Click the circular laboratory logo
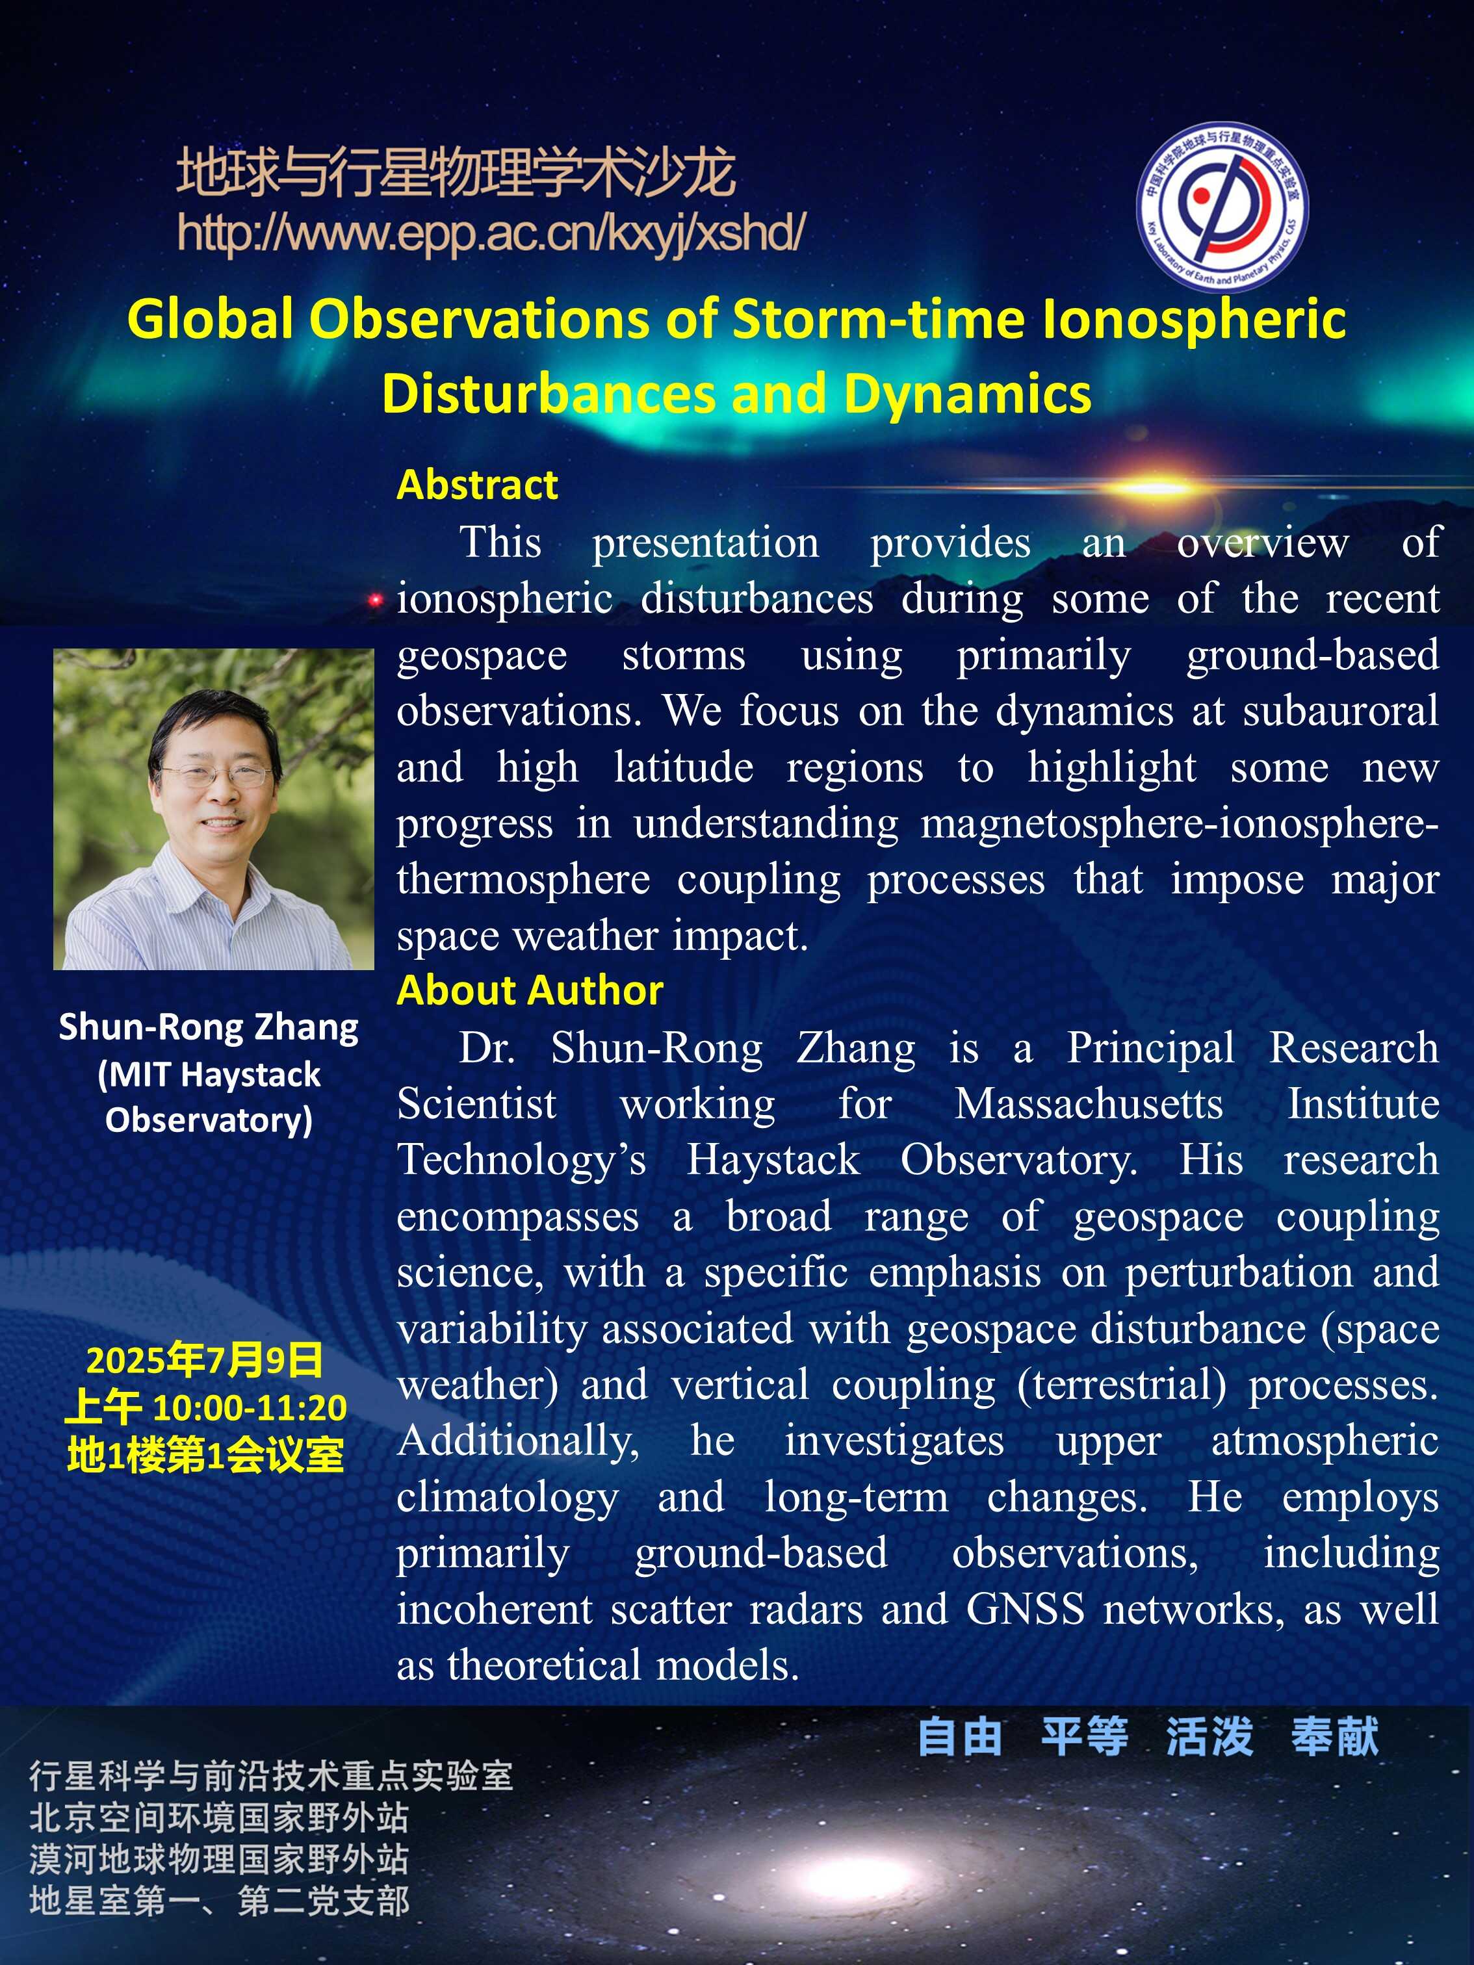(1222, 206)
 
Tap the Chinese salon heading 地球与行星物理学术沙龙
(456, 172)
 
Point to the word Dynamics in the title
(968, 394)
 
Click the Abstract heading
(477, 485)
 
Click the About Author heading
(530, 990)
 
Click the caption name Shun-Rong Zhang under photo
(209, 1026)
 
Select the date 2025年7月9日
(204, 1360)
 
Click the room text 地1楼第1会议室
(205, 1455)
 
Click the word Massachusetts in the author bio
(1089, 1104)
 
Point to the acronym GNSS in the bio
(1026, 1610)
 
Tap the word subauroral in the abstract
(1341, 711)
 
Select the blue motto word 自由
(959, 1737)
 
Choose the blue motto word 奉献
(1336, 1737)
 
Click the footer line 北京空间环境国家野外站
(218, 1817)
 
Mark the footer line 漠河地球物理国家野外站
(218, 1859)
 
